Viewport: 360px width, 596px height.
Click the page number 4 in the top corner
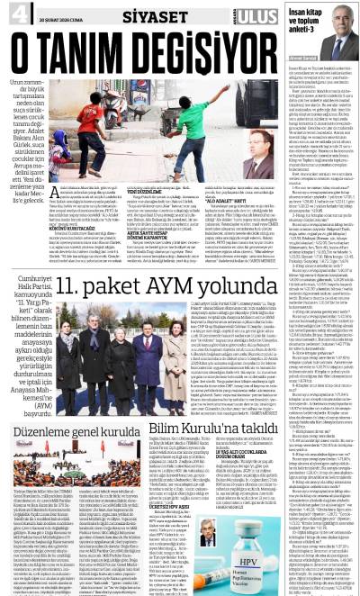coord(11,12)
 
